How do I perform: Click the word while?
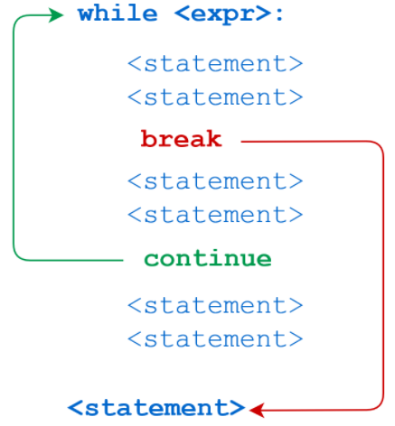pyautogui.click(x=118, y=14)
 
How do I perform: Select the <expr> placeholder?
pyautogui.click(x=222, y=14)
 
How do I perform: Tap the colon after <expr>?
pyautogui.click(x=279, y=15)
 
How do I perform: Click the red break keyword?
pyautogui.click(x=182, y=138)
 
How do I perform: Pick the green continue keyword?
pyautogui.click(x=208, y=258)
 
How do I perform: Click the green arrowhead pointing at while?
pyautogui.click(x=56, y=15)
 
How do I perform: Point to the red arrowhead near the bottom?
pyautogui.click(x=257, y=410)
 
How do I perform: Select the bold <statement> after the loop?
pyautogui.click(x=156, y=408)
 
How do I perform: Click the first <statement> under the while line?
pyautogui.click(x=215, y=63)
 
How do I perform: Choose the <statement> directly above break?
pyautogui.click(x=215, y=97)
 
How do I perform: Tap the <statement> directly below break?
pyautogui.click(x=215, y=181)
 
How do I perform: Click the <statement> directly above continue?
pyautogui.click(x=215, y=215)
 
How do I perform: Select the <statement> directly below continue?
pyautogui.click(x=215, y=306)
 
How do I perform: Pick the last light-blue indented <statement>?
pyautogui.click(x=215, y=339)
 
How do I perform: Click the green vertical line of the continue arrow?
pyautogui.click(x=14, y=138)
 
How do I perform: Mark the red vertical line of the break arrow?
pyautogui.click(x=383, y=275)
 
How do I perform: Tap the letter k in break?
pyautogui.click(x=214, y=138)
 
